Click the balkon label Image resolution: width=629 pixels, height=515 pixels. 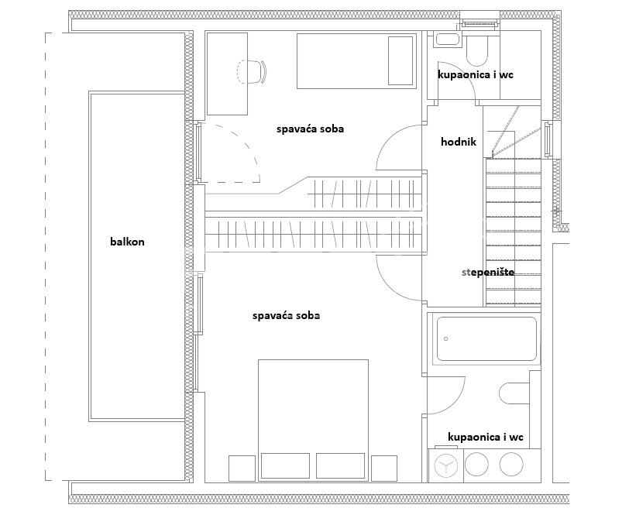click(x=127, y=242)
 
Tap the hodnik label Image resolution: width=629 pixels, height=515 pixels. click(x=459, y=142)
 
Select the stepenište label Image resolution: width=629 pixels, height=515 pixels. click(x=488, y=273)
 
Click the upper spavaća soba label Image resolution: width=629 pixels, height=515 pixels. click(x=310, y=129)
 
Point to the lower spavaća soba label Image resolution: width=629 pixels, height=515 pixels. click(x=286, y=316)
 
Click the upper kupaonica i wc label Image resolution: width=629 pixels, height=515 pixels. click(x=476, y=74)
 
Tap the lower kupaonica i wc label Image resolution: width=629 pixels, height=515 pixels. click(x=486, y=437)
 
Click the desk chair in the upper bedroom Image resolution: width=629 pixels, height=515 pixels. click(x=252, y=72)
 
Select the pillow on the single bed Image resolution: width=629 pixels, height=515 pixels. click(x=400, y=61)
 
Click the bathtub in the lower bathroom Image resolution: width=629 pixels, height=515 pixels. click(x=486, y=339)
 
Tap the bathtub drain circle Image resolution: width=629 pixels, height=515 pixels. click(x=446, y=339)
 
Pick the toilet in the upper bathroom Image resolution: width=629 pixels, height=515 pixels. click(x=477, y=51)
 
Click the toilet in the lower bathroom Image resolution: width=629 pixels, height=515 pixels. click(x=514, y=393)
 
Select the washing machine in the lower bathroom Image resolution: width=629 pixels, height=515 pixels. click(x=445, y=465)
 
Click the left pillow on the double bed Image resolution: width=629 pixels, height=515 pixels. click(x=285, y=465)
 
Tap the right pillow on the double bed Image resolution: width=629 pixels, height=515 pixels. click(x=340, y=465)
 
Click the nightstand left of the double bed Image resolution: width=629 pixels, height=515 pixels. click(x=242, y=468)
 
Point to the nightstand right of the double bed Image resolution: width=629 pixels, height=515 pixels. click(x=384, y=468)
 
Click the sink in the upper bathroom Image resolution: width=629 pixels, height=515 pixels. click(x=449, y=39)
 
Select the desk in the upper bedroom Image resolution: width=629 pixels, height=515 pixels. click(x=227, y=74)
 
